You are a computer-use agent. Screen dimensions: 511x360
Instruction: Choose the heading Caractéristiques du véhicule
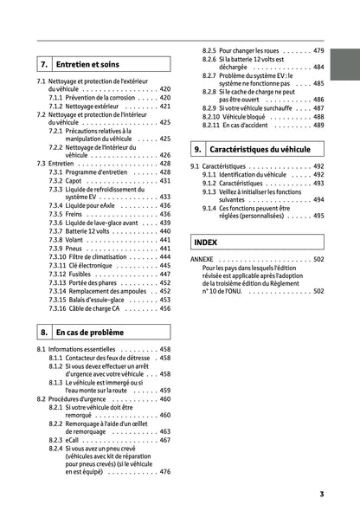[x=260, y=149]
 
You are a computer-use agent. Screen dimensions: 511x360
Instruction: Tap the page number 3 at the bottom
[x=321, y=494]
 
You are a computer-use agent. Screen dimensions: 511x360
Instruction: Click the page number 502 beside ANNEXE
[x=318, y=259]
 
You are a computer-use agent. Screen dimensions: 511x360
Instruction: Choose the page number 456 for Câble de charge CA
[x=164, y=307]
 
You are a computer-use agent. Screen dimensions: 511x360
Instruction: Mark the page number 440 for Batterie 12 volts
[x=164, y=232]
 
